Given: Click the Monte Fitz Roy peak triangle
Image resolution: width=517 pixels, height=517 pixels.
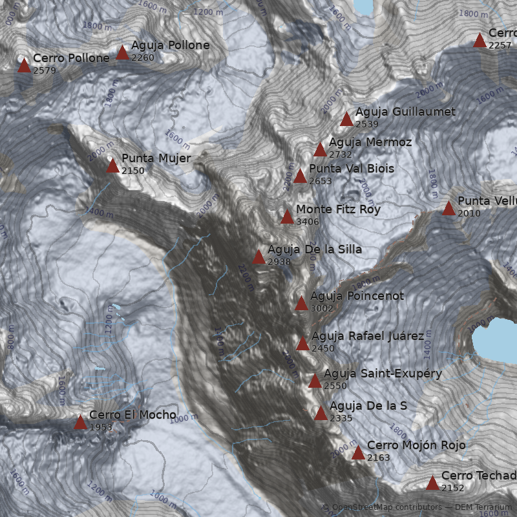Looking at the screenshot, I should (x=287, y=217).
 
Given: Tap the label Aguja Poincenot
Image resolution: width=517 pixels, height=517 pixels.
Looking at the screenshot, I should (x=357, y=296).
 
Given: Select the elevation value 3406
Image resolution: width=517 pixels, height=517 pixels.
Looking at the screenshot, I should (x=308, y=222).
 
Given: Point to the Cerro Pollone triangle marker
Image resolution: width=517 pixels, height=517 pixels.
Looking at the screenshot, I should (x=25, y=65).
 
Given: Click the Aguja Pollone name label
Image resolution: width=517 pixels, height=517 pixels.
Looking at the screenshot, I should (x=170, y=45).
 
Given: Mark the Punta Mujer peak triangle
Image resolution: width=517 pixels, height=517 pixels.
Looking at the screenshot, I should (x=112, y=166).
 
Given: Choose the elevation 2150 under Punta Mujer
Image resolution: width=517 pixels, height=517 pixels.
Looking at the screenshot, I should (x=133, y=171).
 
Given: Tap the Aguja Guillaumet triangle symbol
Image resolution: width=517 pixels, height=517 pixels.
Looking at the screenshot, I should (x=346, y=119).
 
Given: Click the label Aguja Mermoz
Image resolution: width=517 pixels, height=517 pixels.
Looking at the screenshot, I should (x=370, y=142).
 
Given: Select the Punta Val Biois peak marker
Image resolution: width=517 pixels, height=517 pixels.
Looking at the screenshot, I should (x=300, y=176).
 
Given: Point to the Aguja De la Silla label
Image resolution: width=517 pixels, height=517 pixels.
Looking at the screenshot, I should (x=315, y=249).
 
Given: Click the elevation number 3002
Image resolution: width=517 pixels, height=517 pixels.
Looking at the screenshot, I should (x=322, y=308).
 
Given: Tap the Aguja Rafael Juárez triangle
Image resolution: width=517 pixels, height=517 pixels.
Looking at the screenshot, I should (x=302, y=343).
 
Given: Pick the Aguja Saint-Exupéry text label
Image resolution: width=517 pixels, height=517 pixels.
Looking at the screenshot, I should (x=383, y=374).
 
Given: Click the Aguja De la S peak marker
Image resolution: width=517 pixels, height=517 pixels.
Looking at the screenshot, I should (x=321, y=414).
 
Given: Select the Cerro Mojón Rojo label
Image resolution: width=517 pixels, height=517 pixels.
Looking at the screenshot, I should (x=416, y=445).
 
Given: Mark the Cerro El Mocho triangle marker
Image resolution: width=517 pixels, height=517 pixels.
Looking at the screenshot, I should (x=80, y=423).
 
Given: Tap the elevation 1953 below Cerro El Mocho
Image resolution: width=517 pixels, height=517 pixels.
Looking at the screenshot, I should (x=101, y=427).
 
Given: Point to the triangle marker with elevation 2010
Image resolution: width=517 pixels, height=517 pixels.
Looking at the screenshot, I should (x=448, y=208).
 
